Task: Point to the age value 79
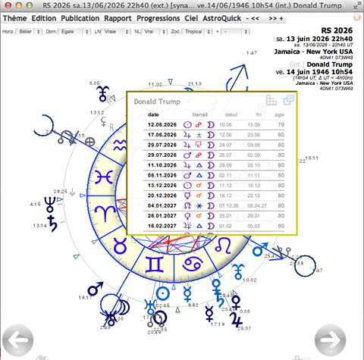pyautogui.click(x=281, y=124)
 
